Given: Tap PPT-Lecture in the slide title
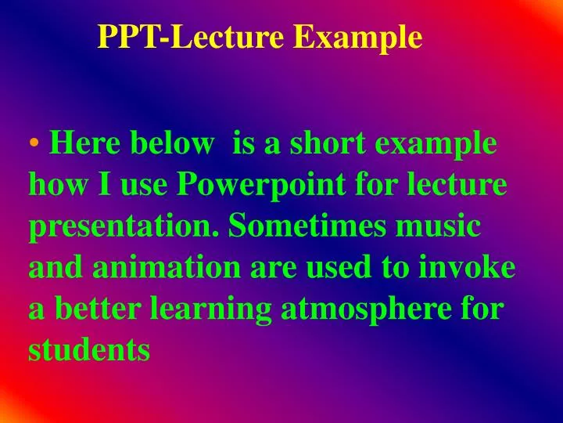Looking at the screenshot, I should pos(193,38).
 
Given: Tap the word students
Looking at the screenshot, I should pos(88,350).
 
